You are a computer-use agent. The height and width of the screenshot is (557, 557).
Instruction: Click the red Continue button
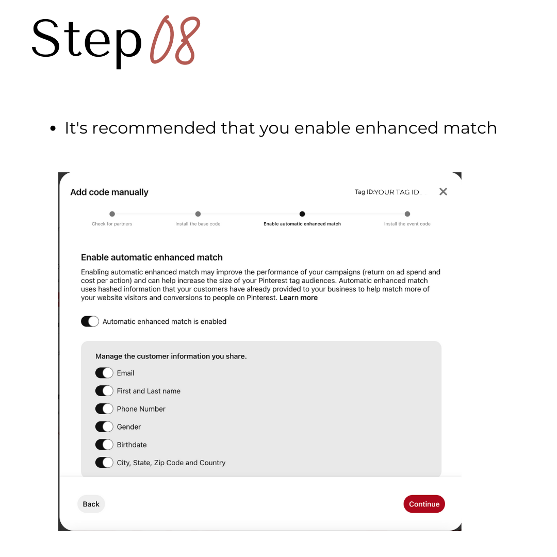pos(424,504)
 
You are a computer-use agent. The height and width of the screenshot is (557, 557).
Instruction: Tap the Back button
pos(91,504)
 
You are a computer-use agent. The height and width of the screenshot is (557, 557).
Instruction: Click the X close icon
pos(443,192)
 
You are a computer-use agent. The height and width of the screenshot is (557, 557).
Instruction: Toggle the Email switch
pos(104,373)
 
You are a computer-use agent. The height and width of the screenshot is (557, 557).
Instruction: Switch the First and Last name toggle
pos(104,391)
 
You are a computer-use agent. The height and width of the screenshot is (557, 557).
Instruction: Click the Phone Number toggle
pos(104,409)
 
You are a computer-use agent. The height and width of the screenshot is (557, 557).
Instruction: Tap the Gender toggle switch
pos(104,427)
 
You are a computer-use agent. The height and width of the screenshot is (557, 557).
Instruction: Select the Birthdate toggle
pos(104,445)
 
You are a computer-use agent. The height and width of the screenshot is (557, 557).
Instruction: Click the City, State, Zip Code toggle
pos(104,463)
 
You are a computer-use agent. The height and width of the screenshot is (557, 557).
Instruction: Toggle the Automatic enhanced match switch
pos(90,321)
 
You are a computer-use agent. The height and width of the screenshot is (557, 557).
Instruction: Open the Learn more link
pos(299,298)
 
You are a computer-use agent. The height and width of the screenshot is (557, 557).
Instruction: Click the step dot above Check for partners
pos(112,214)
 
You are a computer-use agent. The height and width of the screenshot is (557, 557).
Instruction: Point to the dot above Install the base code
pos(198,214)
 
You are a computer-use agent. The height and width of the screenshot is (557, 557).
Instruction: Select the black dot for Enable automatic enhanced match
pos(302,214)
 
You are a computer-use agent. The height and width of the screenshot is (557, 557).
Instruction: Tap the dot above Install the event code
pos(407,214)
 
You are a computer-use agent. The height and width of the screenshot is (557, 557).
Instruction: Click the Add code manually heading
pos(109,192)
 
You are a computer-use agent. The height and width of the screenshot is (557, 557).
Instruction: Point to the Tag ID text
pos(387,192)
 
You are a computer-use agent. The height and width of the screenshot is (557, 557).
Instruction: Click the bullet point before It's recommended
pos(53,128)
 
